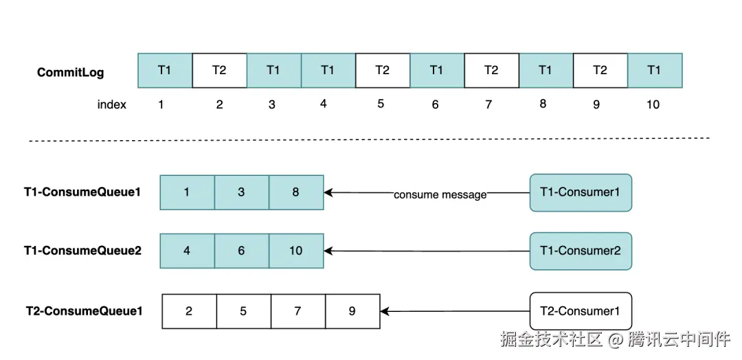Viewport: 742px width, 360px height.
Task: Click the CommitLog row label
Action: [71, 72]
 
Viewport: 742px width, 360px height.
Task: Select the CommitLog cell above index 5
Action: [383, 71]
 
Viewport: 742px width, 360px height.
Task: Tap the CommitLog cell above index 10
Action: [655, 71]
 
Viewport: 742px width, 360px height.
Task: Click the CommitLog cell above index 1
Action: [165, 71]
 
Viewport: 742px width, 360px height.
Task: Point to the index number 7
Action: [489, 104]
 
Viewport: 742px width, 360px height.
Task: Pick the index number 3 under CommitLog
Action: [271, 104]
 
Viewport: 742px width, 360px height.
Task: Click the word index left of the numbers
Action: [112, 104]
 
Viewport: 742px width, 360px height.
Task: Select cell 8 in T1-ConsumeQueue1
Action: [296, 192]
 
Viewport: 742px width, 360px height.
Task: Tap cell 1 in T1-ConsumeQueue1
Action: [188, 192]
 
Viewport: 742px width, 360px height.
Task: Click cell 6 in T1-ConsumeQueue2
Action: [242, 251]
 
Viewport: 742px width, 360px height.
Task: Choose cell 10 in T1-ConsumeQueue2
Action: [296, 251]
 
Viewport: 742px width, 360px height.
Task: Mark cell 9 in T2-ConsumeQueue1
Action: [352, 311]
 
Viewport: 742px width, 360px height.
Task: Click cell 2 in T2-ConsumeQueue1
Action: [190, 311]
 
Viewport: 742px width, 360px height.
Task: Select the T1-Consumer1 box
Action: [581, 192]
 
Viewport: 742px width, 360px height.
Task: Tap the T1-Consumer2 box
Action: [581, 251]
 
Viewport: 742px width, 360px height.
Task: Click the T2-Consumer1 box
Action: [581, 311]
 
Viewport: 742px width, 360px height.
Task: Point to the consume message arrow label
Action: [440, 194]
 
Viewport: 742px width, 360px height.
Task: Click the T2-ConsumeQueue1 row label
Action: [85, 311]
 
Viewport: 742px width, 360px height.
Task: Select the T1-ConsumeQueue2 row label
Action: [83, 251]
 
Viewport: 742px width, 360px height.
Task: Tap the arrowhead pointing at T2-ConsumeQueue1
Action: [385, 311]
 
